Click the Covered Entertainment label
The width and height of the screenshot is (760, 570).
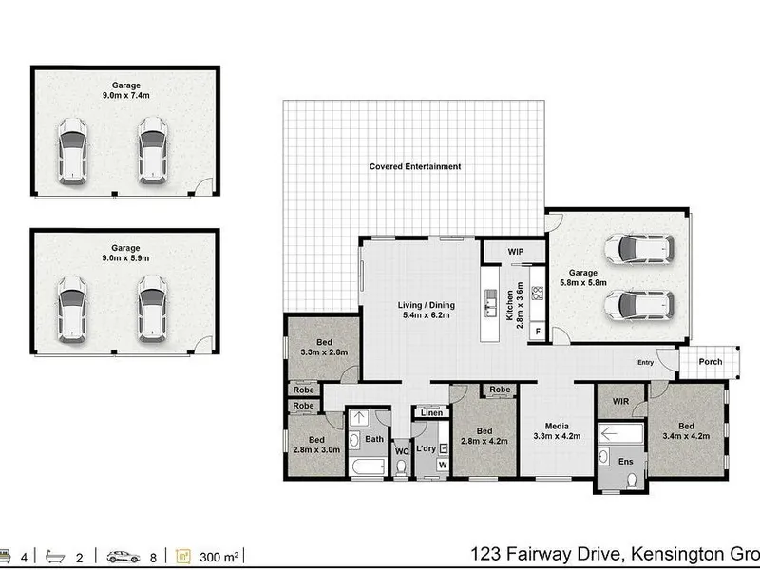415,167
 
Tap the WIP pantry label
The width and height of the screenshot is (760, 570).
516,252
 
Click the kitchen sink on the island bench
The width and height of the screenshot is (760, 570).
490,303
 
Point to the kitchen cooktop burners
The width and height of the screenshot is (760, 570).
537,294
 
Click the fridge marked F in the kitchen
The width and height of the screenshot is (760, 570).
538,332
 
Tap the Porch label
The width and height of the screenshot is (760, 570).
711,362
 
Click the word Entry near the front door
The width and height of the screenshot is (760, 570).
646,363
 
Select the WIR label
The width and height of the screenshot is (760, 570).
621,401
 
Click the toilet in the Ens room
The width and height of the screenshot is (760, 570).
632,480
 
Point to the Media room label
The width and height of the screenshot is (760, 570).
557,426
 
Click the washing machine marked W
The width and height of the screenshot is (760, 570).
443,465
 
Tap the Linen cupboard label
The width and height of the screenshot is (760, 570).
431,413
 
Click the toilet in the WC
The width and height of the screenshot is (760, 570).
401,467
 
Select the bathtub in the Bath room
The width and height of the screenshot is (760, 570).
369,467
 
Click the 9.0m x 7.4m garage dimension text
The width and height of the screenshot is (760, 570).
126,96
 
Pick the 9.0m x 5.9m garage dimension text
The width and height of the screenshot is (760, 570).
125,258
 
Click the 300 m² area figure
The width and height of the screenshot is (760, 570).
218,557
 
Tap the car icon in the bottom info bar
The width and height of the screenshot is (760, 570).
123,557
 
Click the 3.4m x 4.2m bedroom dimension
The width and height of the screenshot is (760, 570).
686,436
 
